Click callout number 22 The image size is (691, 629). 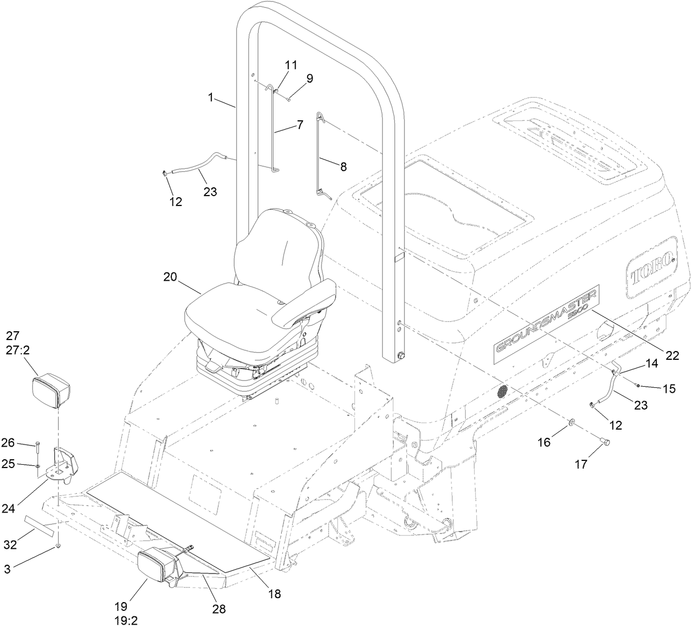(x=672, y=355)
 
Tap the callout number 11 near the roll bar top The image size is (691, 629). (x=291, y=65)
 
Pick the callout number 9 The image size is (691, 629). (x=310, y=79)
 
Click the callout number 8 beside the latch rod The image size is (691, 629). (x=343, y=167)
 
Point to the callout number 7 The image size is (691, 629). (x=299, y=125)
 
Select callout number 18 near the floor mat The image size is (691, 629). (x=274, y=594)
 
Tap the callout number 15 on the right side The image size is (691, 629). (x=669, y=388)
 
